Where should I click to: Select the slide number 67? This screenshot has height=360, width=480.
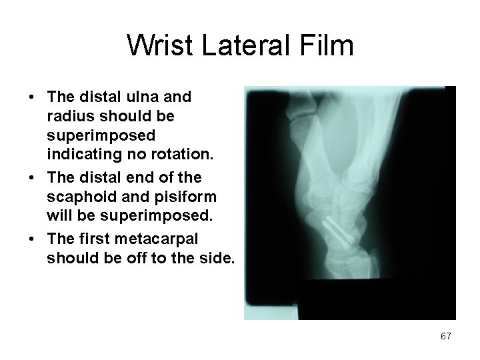445,337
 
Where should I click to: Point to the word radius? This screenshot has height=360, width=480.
67,117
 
